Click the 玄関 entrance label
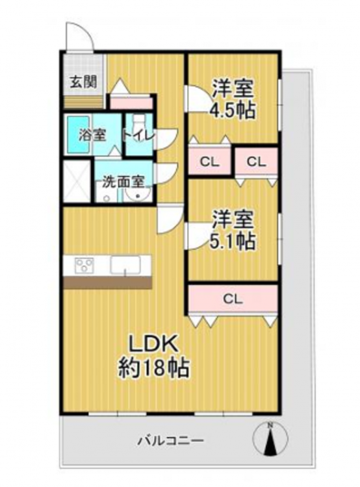pos(83,82)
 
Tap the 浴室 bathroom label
pos(92,136)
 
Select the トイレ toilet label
pos(138,136)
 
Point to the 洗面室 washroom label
pos(123,182)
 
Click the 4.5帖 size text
pos(233,110)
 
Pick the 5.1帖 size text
pos(233,241)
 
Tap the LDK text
pos(153,343)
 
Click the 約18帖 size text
pos(153,368)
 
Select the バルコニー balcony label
pos(171,440)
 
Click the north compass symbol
pos(270,438)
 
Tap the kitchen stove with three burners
pos(84,266)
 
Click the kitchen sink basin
pos(125,266)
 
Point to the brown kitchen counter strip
pos(108,282)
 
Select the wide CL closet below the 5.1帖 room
pos(233,299)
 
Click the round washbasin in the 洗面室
pos(138,195)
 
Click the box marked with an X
pos(77,181)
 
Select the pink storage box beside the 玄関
pos(131,103)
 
